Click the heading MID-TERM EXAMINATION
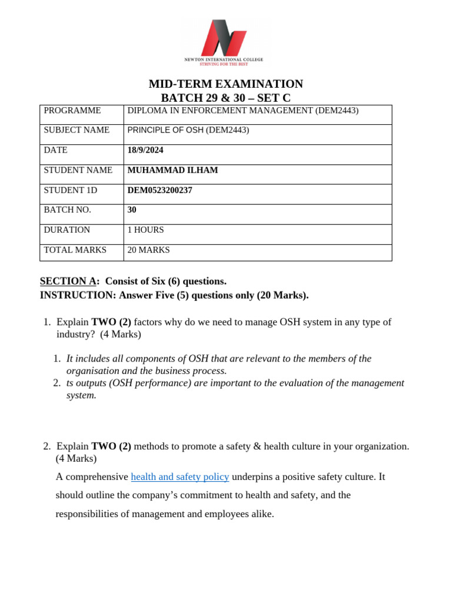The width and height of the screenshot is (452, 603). point(225,84)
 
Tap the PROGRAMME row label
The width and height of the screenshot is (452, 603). point(72,111)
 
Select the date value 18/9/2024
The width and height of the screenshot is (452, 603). point(145,150)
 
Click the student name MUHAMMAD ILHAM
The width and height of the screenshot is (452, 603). point(172,170)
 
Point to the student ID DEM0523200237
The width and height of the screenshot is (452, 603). point(159,190)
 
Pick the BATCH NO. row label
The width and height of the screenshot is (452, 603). point(67,210)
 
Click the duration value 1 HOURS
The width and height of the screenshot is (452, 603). point(145,230)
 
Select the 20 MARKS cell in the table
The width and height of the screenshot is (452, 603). point(148,250)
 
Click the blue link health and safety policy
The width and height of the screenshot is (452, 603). point(180,477)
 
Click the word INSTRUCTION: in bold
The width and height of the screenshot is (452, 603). point(78,295)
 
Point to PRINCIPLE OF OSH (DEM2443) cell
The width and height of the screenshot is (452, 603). point(188,130)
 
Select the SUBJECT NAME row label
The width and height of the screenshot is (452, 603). point(77,130)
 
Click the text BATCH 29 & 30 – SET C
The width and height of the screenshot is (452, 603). point(225,98)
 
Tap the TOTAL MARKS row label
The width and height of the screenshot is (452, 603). point(75,250)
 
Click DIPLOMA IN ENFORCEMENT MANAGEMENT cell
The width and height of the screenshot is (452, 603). point(242,111)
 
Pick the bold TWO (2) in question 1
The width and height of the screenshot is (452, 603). point(111,322)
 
